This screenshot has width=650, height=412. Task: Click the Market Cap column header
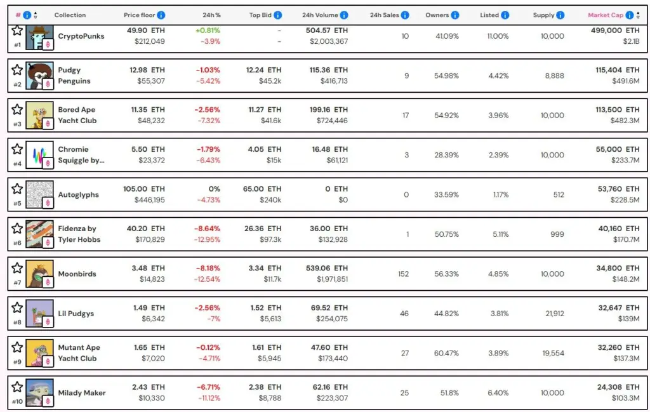click(606, 15)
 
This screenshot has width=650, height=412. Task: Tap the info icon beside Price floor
click(161, 15)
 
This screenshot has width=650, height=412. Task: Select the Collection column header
click(70, 15)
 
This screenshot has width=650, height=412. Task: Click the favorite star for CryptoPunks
click(17, 30)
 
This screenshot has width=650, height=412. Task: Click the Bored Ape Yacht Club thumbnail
click(39, 115)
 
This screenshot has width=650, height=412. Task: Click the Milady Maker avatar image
click(39, 392)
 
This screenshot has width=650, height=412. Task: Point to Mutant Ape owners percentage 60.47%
click(446, 353)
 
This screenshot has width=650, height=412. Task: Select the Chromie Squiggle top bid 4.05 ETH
click(265, 149)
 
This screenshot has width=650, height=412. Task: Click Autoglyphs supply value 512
click(558, 194)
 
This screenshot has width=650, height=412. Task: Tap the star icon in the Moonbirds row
click(17, 267)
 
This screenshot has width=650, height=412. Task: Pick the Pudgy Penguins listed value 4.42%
click(498, 76)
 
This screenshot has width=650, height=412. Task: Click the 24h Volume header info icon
click(343, 15)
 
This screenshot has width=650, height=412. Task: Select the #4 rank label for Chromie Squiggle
click(17, 164)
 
